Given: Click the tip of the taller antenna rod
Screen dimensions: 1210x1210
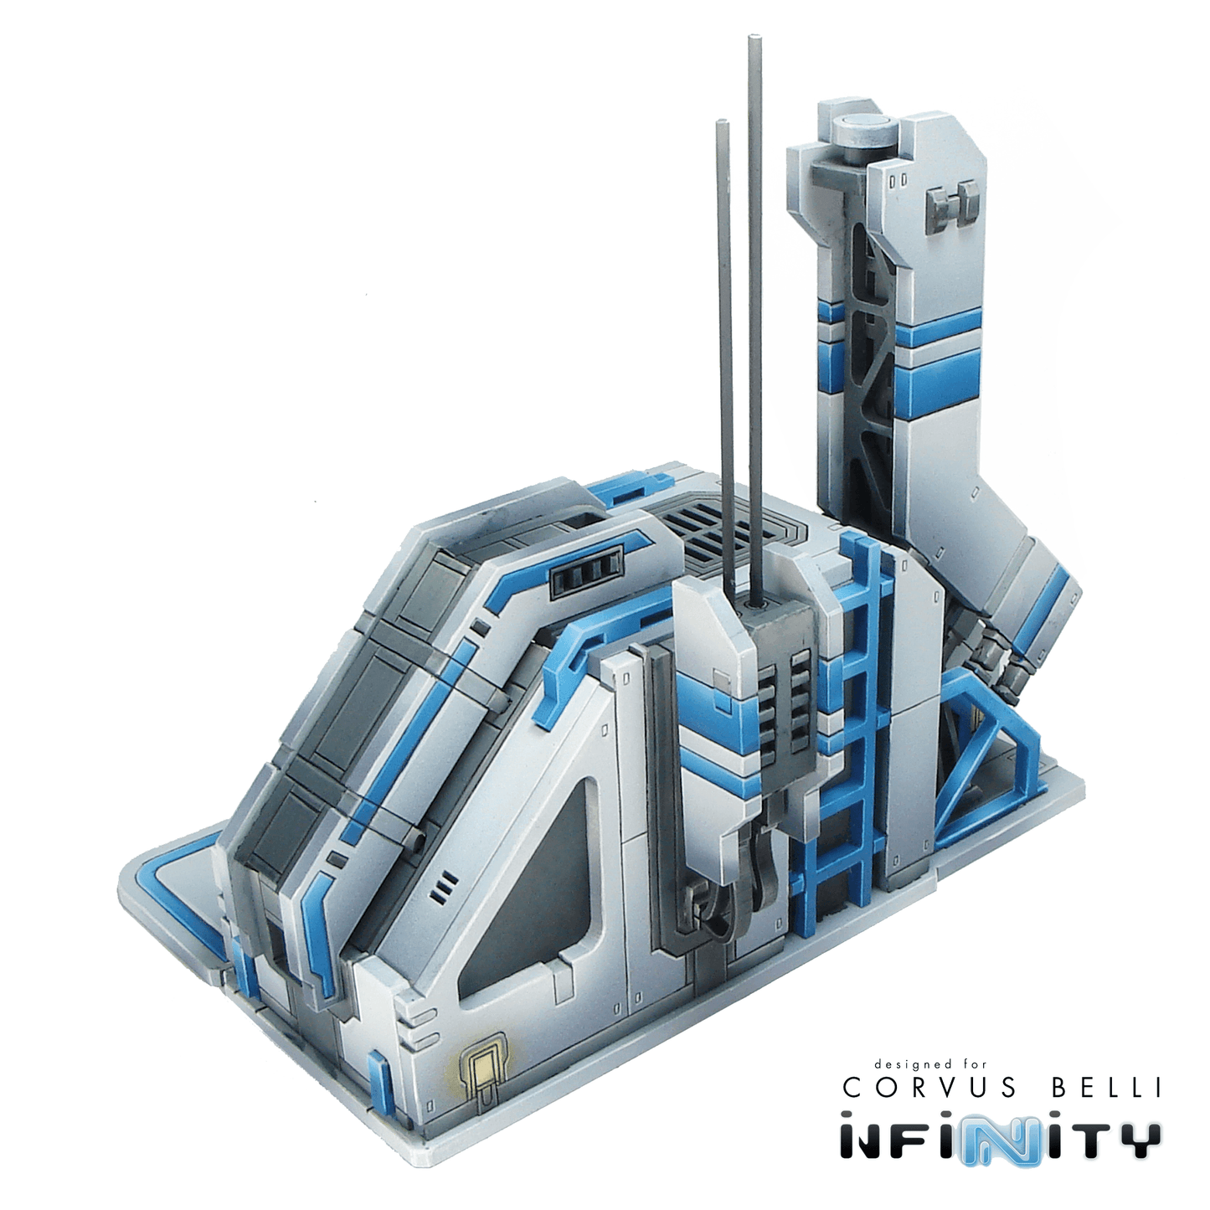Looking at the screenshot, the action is pos(753,39).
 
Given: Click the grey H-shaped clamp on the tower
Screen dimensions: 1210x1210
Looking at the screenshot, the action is pos(952,204).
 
